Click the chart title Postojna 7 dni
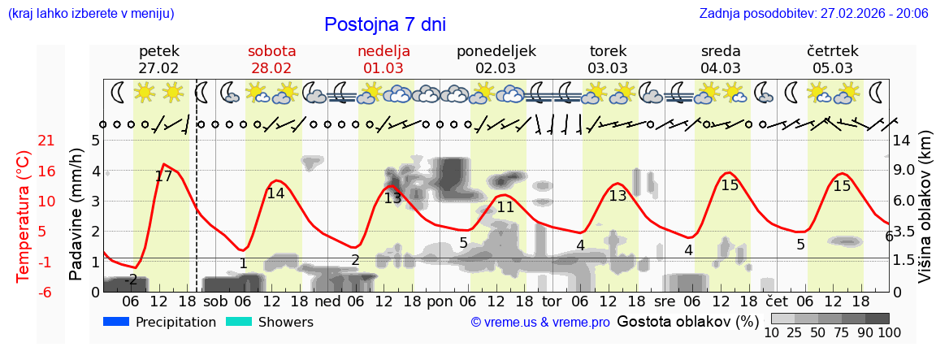(x=384, y=24)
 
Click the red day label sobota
(x=271, y=51)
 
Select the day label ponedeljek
(x=496, y=51)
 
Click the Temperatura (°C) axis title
(x=24, y=216)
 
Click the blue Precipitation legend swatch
(x=116, y=322)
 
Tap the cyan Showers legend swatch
(x=239, y=322)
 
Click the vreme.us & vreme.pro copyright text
(x=539, y=323)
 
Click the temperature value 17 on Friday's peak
(x=163, y=176)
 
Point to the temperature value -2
(x=130, y=280)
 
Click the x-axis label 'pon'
(x=440, y=301)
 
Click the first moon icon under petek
(x=118, y=93)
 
